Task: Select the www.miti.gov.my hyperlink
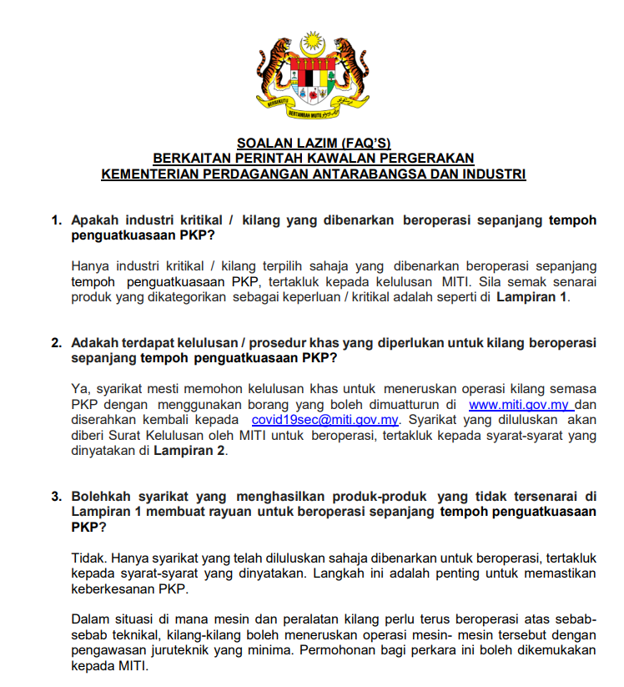pos(518,405)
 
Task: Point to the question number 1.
pos(57,220)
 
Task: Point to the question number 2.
pos(57,343)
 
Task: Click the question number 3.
pos(57,497)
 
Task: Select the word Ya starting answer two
pos(80,389)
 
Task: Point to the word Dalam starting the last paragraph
pos(90,619)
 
